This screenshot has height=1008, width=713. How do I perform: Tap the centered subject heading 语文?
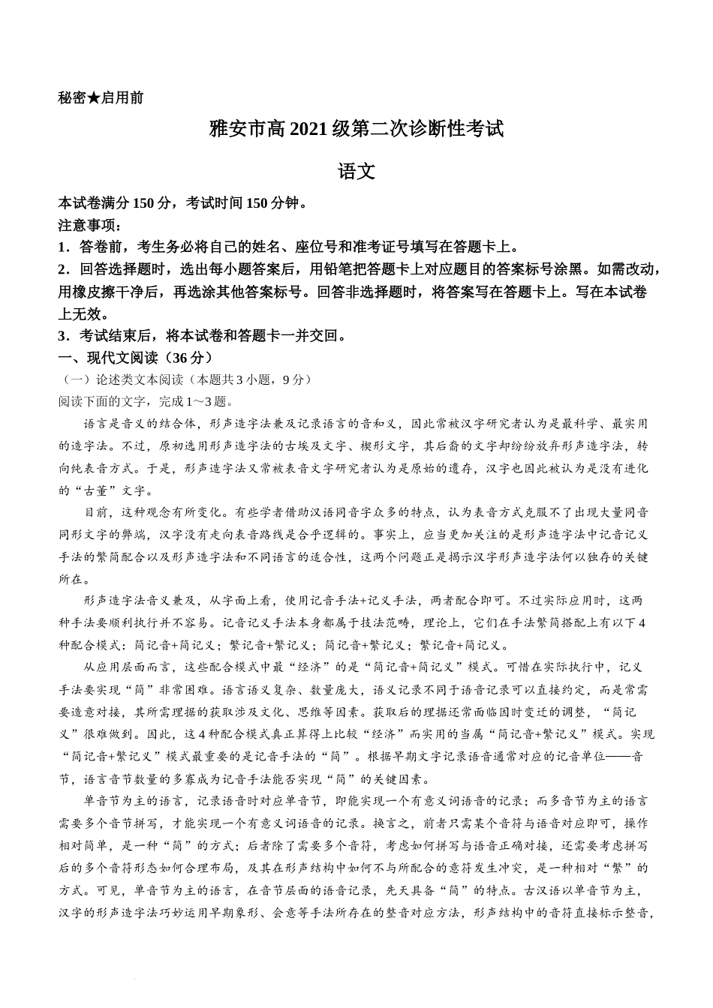[x=356, y=171]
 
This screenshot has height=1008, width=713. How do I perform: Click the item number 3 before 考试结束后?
[x=62, y=336]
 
